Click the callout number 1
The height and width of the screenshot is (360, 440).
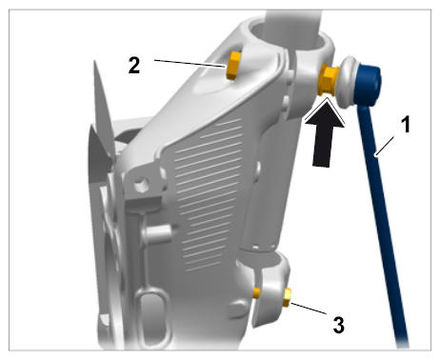pos(406,125)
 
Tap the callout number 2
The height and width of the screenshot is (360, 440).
pos(134,66)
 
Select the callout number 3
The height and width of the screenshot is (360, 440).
pos(338,325)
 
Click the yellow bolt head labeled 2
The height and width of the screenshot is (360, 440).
pos(234,66)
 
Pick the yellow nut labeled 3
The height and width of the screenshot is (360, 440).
pos(287,297)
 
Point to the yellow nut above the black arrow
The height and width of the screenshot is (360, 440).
pos(329,79)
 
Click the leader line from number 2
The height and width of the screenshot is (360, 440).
pos(190,63)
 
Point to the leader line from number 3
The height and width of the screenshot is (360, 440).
pos(309,309)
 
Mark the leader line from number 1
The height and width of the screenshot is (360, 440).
pos(384,146)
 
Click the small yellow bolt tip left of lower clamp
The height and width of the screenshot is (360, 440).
pos(256,293)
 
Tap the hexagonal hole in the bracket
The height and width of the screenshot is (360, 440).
pos(141,185)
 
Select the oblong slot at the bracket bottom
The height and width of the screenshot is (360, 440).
pos(151,317)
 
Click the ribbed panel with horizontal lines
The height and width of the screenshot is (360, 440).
pos(208,193)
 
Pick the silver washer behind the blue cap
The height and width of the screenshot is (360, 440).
pos(348,81)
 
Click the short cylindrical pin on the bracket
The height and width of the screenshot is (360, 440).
pos(157,231)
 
